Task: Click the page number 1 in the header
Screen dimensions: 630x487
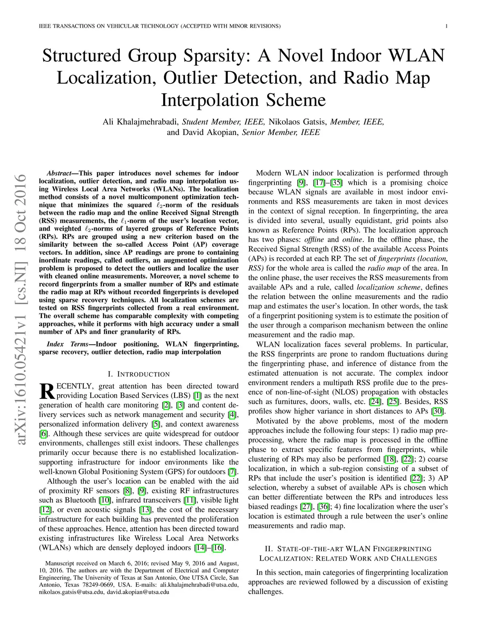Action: point(447,26)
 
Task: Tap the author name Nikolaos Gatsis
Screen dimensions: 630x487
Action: point(298,122)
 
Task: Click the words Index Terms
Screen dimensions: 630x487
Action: point(67,344)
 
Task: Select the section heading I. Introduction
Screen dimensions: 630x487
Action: point(138,374)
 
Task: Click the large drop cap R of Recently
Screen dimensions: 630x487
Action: point(47,391)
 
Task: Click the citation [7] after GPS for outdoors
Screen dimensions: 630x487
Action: point(232,472)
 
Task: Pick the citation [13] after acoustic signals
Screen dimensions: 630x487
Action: point(145,510)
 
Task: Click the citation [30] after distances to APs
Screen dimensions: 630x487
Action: point(438,411)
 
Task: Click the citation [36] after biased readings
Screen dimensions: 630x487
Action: point(323,506)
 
